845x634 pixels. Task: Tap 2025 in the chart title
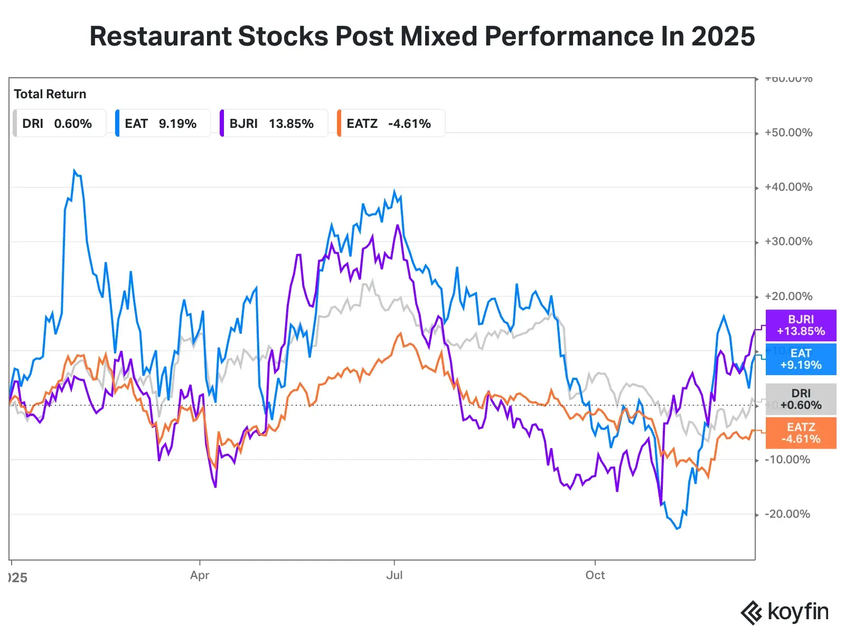(x=723, y=36)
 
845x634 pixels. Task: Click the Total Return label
(x=50, y=94)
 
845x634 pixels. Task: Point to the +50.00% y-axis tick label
(x=788, y=133)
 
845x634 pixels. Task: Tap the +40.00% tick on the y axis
(x=788, y=187)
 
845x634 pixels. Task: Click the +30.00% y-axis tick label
(x=788, y=241)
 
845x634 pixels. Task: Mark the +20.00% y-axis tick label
(x=788, y=296)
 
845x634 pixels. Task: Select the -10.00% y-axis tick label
(x=787, y=460)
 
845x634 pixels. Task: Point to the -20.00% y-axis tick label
(x=787, y=514)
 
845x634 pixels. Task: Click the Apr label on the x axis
(x=200, y=575)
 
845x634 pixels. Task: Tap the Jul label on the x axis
(x=394, y=575)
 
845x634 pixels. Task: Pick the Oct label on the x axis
(x=595, y=575)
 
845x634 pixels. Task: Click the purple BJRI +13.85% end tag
(x=801, y=325)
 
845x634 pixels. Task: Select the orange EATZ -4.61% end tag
(x=801, y=433)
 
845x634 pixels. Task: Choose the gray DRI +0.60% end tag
(x=801, y=399)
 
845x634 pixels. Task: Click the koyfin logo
(x=785, y=613)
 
